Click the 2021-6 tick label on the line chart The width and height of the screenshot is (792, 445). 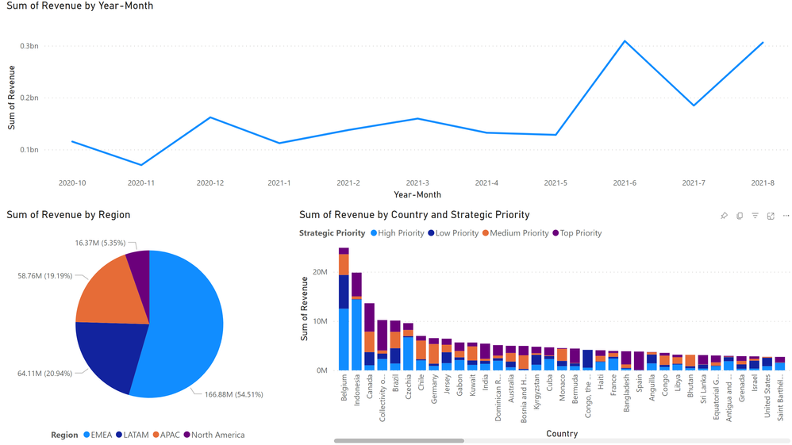pos(624,183)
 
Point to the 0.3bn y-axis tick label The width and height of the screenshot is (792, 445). pos(29,46)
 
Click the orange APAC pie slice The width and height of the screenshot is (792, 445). pos(111,290)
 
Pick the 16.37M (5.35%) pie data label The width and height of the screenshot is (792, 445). pos(101,243)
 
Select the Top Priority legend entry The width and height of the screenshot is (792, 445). pos(581,233)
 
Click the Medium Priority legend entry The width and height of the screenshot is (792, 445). pos(519,233)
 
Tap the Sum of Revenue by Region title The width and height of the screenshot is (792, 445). pos(68,215)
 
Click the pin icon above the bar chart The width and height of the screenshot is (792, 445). pos(724,216)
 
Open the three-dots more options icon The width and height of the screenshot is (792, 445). pos(786,216)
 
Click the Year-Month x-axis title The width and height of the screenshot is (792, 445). pos(417,194)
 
